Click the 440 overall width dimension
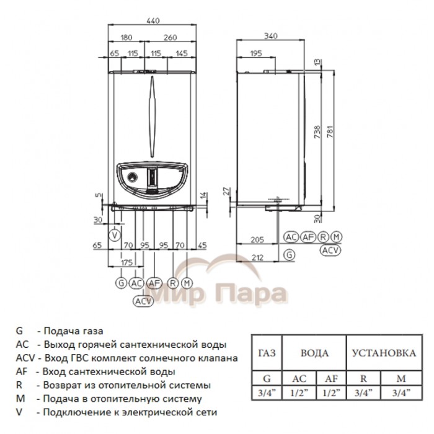[x=152, y=20]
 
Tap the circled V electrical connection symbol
[x=114, y=235]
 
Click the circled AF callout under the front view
[x=156, y=283]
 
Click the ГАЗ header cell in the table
[x=265, y=353]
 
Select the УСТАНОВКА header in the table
[x=384, y=353]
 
